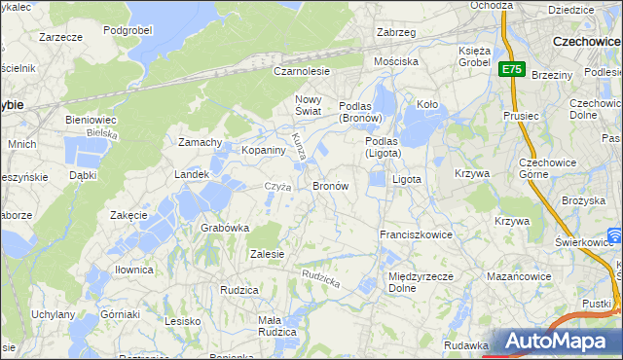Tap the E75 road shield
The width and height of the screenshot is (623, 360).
pyautogui.click(x=512, y=70)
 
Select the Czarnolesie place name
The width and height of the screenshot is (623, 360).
pyautogui.click(x=301, y=71)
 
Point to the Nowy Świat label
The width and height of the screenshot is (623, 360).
pyautogui.click(x=313, y=105)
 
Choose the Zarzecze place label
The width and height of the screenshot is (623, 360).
pyautogui.click(x=60, y=36)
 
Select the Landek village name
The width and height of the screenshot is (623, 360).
pyautogui.click(x=192, y=174)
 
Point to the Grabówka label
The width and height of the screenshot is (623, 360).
pyautogui.click(x=225, y=228)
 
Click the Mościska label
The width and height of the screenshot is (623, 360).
pyautogui.click(x=396, y=61)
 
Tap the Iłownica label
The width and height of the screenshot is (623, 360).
pyautogui.click(x=132, y=270)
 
